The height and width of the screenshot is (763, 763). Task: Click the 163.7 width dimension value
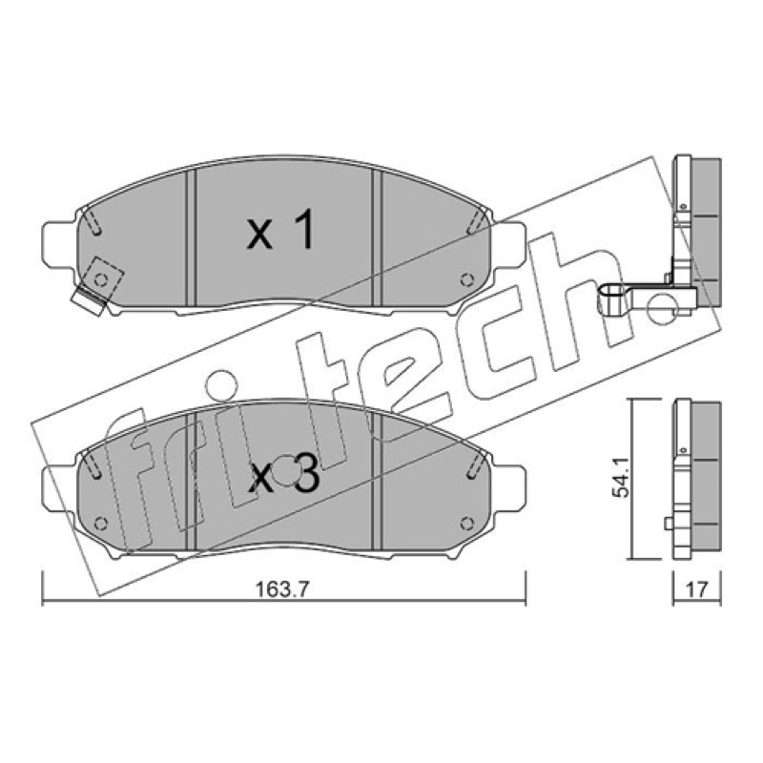pos(282,589)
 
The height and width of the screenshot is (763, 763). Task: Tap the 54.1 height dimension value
pos(621,479)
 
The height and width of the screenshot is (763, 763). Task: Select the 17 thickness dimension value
pos(696,589)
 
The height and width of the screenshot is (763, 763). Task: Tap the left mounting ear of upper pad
pos(60,245)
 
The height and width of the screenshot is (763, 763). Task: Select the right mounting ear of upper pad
pos(508,245)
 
